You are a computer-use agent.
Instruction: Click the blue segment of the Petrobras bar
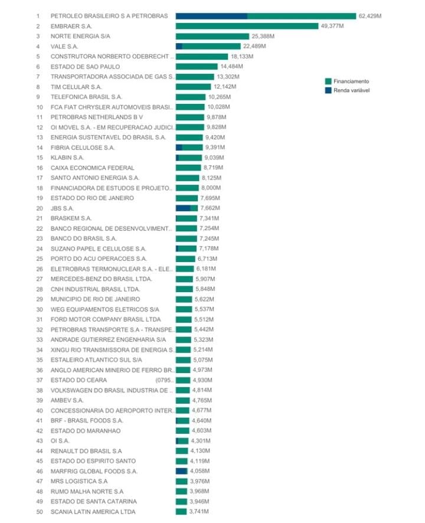click(x=211, y=16)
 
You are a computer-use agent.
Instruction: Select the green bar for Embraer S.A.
click(x=247, y=26)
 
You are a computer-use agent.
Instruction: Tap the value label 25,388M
click(x=263, y=36)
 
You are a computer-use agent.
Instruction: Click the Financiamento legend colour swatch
click(x=328, y=81)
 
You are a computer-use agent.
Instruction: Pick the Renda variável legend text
click(x=351, y=90)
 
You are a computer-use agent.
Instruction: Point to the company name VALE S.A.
click(x=64, y=46)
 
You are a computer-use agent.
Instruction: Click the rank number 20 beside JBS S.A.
click(x=39, y=208)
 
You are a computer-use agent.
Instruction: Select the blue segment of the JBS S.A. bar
click(x=183, y=208)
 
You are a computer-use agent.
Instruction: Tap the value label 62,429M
click(x=370, y=16)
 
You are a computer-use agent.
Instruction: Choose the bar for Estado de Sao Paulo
click(x=197, y=67)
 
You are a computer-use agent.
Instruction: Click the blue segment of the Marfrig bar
click(x=181, y=471)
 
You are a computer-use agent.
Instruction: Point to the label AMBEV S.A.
click(x=67, y=400)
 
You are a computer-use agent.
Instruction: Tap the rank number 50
click(x=39, y=512)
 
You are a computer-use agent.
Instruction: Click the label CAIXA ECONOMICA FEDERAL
click(x=93, y=168)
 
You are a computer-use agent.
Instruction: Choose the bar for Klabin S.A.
click(x=189, y=158)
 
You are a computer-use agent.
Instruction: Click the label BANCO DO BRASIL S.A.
click(x=84, y=238)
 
